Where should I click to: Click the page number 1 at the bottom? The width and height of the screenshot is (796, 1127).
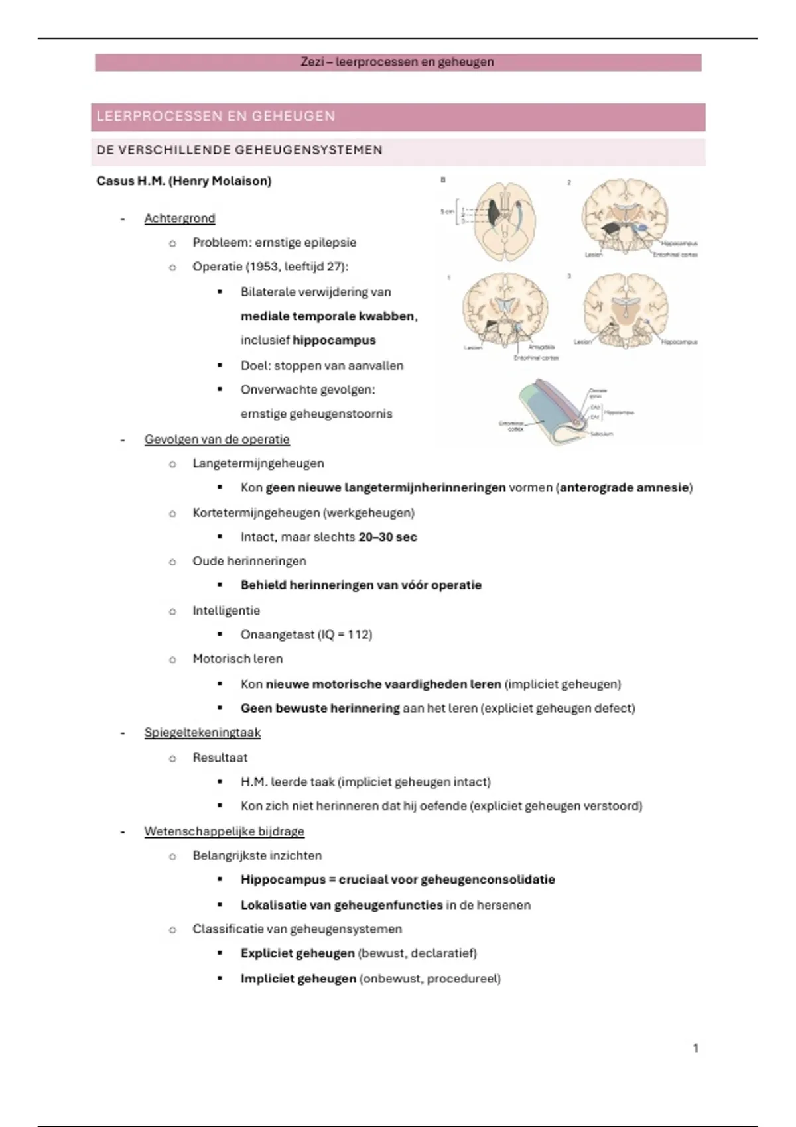(695, 1048)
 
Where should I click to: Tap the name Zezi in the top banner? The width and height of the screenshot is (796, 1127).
(312, 62)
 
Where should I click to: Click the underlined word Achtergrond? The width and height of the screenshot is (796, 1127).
(180, 218)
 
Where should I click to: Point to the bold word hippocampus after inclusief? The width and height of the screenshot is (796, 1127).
(334, 340)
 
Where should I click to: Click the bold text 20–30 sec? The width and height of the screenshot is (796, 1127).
(387, 537)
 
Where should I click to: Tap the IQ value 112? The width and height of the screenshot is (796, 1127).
(358, 634)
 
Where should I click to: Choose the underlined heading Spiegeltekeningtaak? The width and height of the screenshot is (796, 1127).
(202, 732)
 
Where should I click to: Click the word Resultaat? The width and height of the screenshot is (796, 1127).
(220, 757)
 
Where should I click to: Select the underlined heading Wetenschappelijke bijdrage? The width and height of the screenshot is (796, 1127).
(224, 831)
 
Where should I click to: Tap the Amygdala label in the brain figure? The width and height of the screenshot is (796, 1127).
(541, 347)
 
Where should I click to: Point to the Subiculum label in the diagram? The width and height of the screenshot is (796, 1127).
(602, 434)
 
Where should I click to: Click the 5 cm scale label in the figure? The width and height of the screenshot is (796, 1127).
(447, 212)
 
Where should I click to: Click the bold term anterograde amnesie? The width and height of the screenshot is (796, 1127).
(624, 487)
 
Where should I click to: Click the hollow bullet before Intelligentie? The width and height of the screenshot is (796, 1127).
(172, 611)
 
